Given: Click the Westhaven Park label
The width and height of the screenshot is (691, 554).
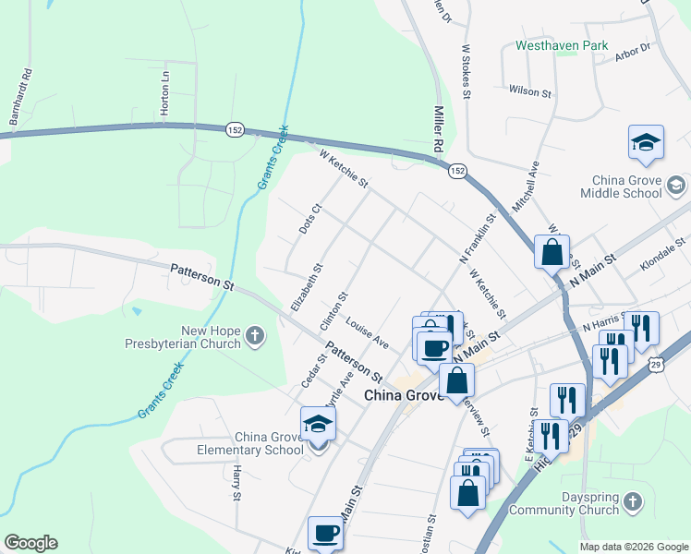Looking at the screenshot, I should [x=562, y=44].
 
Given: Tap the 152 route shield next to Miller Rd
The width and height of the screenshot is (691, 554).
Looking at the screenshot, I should [x=457, y=171].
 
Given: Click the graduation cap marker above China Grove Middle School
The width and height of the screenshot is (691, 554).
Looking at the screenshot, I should [x=646, y=144].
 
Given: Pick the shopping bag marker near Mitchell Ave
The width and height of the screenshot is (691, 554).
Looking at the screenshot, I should [x=552, y=252].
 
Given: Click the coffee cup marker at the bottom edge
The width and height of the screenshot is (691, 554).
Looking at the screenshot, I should [x=325, y=534].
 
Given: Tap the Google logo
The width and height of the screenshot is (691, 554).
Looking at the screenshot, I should [x=30, y=543].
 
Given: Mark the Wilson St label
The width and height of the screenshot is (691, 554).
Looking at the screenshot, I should [x=529, y=90].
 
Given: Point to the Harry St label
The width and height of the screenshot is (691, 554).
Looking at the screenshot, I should [x=236, y=483].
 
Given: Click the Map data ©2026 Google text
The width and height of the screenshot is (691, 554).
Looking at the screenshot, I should [x=634, y=547].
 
